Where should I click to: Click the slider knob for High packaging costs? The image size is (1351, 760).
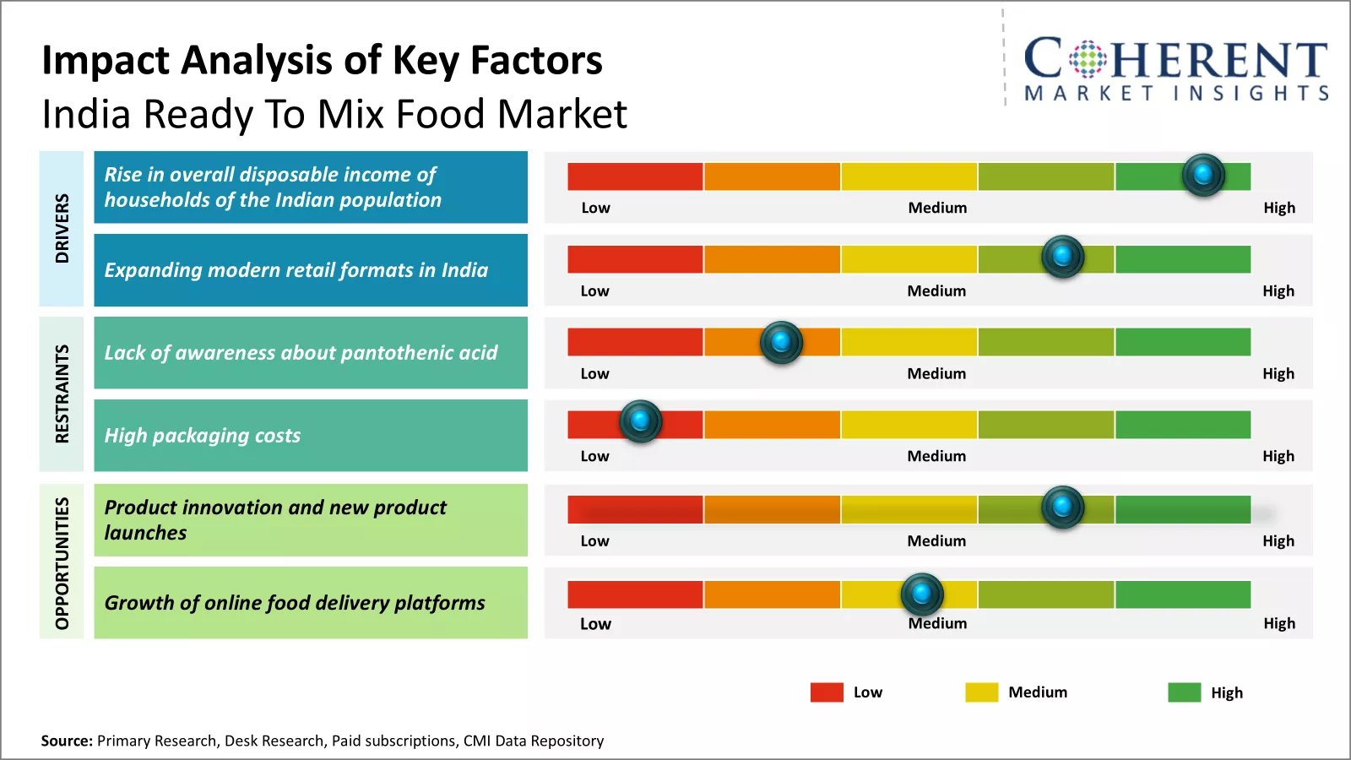click(641, 421)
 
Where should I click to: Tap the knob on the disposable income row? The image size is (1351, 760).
click(1203, 175)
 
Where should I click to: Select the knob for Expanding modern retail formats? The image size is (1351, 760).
click(1063, 256)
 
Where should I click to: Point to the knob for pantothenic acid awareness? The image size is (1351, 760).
click(781, 342)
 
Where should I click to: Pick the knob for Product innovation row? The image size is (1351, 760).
click(1063, 507)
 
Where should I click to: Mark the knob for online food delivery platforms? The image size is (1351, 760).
click(922, 594)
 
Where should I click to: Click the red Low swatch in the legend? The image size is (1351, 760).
click(827, 692)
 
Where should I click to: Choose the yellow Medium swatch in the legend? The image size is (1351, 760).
click(981, 692)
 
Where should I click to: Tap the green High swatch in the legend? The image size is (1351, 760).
click(1184, 692)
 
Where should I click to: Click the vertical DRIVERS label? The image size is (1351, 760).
click(62, 228)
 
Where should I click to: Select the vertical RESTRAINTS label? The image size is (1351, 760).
click(62, 394)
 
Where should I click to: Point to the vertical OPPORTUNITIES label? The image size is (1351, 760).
click(62, 562)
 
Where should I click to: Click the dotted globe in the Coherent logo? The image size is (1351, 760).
click(1088, 59)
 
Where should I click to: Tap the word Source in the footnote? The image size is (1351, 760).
click(66, 741)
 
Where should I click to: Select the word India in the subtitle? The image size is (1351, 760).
click(87, 114)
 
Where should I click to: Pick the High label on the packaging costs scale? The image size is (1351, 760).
click(1278, 456)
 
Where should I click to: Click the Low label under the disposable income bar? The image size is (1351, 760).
click(595, 208)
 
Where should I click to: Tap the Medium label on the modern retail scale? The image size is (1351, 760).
click(936, 290)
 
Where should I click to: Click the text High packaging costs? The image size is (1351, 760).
click(202, 436)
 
